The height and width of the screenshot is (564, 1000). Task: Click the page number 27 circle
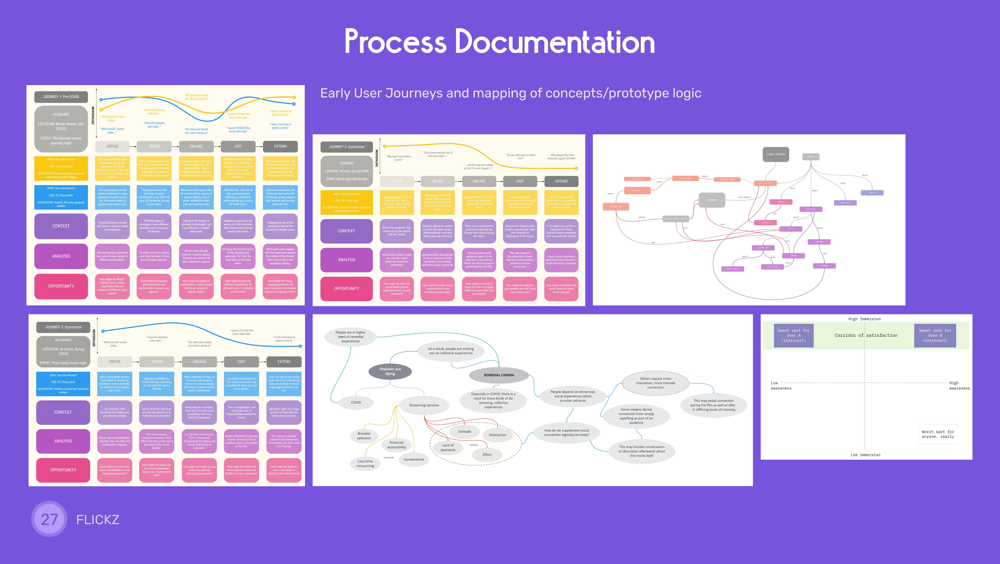point(49,519)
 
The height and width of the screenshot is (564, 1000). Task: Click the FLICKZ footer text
point(98,519)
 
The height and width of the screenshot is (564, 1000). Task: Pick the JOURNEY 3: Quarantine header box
point(63,327)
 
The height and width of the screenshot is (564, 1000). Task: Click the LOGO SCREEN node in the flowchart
point(776,154)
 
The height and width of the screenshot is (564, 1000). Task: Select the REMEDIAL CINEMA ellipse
point(499,375)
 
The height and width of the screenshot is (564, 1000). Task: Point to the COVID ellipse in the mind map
point(356,402)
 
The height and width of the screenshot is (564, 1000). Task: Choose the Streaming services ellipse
point(424,405)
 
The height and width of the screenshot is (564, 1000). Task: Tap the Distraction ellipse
point(497,435)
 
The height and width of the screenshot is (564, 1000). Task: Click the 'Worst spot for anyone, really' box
point(938,434)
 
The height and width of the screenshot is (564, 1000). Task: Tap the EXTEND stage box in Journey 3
point(284,361)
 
